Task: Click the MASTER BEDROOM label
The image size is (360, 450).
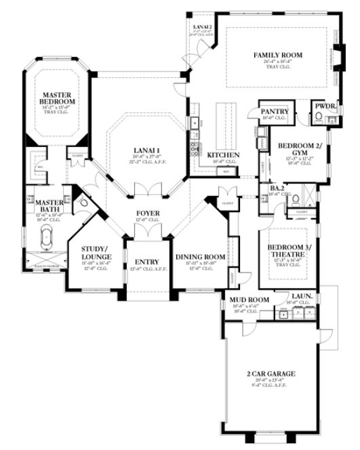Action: tap(57, 98)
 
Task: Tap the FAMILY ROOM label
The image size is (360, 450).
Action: tap(278, 54)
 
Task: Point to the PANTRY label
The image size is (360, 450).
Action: tap(275, 111)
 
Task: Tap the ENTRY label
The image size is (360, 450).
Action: tap(146, 262)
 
